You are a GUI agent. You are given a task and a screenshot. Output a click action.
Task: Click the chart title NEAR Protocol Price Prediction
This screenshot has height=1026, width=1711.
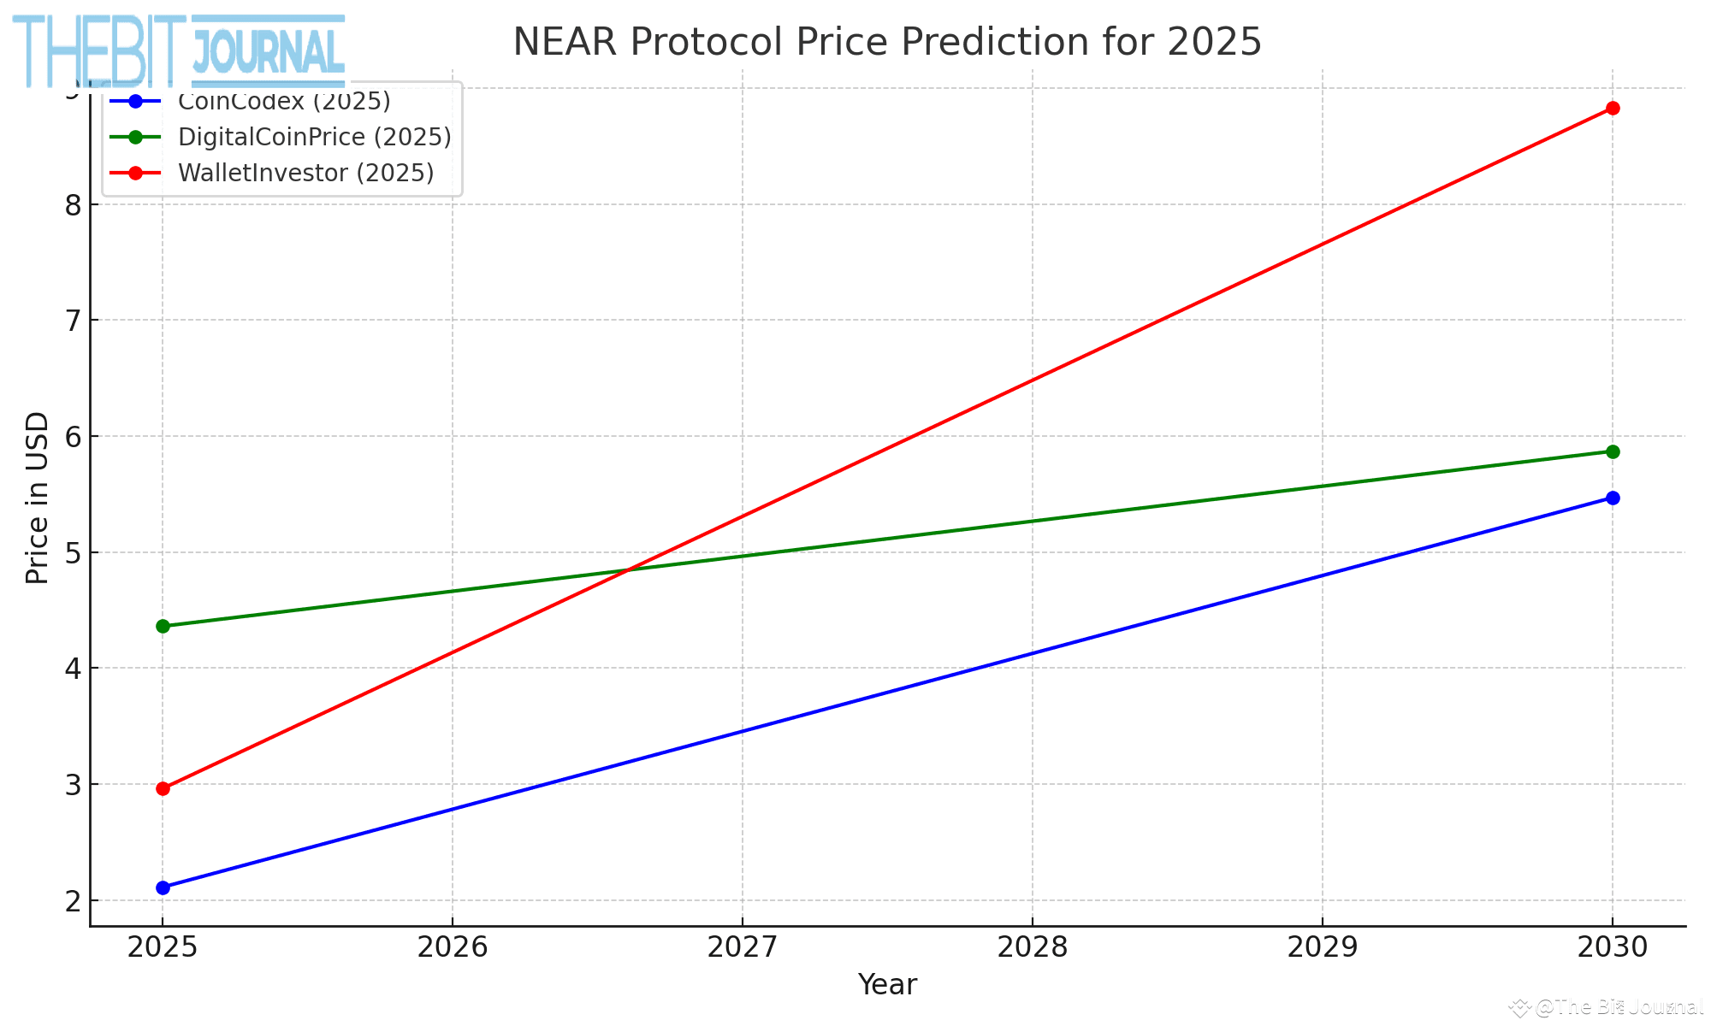coord(886,42)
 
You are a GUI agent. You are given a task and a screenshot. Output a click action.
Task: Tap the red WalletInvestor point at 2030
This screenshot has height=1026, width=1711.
coord(1612,109)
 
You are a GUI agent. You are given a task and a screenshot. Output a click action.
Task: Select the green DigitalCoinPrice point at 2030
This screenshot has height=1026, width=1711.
coord(1612,451)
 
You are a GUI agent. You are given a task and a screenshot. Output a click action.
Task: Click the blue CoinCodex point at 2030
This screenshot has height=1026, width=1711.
coord(1612,498)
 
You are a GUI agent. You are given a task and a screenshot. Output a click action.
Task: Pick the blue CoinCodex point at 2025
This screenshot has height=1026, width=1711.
coord(163,887)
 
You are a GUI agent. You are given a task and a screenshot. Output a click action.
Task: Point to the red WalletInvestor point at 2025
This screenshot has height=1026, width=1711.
coord(163,788)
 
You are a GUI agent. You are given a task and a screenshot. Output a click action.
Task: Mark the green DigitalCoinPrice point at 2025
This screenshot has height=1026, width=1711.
coord(163,626)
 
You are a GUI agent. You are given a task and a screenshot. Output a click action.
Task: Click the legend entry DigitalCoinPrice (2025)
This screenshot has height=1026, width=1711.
coord(314,137)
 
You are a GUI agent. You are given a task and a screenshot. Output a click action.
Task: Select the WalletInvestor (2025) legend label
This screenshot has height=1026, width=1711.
coord(305,173)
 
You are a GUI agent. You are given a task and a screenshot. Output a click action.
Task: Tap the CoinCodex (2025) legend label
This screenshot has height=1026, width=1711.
coord(284,101)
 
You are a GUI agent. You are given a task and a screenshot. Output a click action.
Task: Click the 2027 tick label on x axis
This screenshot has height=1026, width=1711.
coord(742,946)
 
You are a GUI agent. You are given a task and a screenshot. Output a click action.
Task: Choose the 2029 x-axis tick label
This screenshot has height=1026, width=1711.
coord(1322,946)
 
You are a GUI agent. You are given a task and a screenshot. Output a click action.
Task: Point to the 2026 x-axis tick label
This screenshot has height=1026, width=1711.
coord(452,946)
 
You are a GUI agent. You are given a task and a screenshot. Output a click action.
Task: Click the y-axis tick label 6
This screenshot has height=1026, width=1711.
coord(72,437)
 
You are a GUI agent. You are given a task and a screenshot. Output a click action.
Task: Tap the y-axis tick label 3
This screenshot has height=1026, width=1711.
coord(72,785)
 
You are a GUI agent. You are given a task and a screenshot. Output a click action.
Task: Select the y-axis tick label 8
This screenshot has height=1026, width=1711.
coord(72,205)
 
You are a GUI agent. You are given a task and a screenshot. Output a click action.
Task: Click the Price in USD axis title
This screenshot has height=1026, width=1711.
coord(37,498)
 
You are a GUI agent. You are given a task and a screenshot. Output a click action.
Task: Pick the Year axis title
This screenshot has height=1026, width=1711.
coord(887,985)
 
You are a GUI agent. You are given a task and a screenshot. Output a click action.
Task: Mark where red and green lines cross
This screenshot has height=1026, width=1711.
coord(630,570)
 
